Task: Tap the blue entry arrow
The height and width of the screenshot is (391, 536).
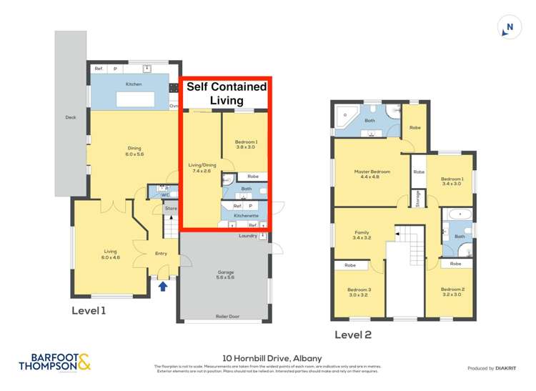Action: (x=163, y=286)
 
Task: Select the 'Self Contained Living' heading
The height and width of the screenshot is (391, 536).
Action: (x=226, y=94)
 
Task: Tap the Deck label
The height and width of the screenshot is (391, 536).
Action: (x=70, y=117)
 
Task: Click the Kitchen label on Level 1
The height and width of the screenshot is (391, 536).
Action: (x=134, y=84)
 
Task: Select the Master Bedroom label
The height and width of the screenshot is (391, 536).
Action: (x=372, y=173)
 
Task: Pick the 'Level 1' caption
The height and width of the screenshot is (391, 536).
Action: (x=89, y=311)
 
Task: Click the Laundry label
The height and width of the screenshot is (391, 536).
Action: (x=248, y=235)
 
